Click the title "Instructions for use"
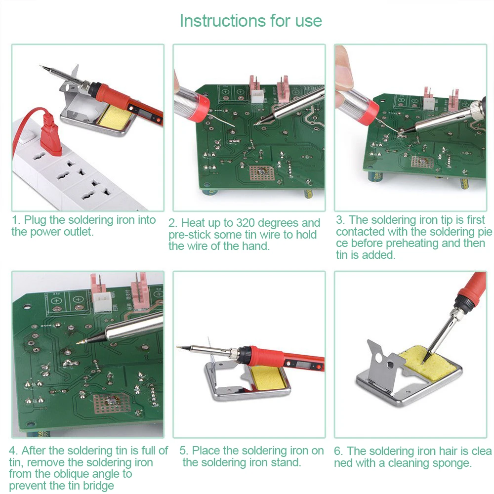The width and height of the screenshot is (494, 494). click(251, 21)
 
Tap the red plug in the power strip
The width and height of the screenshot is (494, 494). click(50, 134)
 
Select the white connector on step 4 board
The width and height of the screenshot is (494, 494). click(102, 301)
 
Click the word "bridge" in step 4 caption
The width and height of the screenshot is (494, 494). click(99, 486)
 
